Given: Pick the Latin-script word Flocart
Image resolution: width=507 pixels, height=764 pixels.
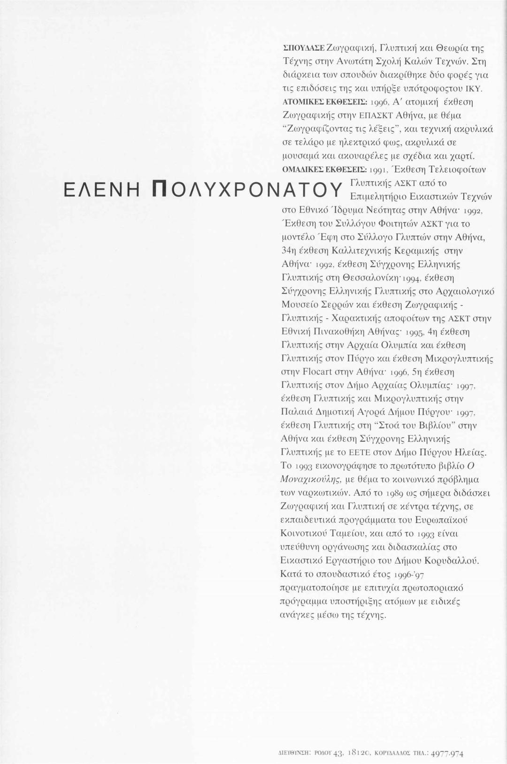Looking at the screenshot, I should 317,372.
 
